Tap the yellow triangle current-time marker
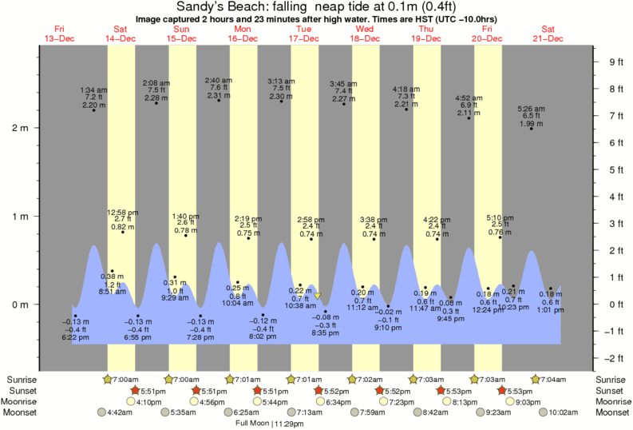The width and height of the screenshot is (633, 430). (318, 297)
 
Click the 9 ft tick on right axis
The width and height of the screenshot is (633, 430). (615, 62)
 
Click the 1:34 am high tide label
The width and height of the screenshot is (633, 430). (94, 97)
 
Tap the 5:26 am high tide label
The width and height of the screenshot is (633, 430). (531, 116)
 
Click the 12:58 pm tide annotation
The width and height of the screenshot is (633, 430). (122, 219)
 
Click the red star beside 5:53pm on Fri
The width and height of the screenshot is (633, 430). (502, 390)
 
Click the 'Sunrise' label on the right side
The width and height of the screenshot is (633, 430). (611, 379)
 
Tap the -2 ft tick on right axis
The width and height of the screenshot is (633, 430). (615, 357)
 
